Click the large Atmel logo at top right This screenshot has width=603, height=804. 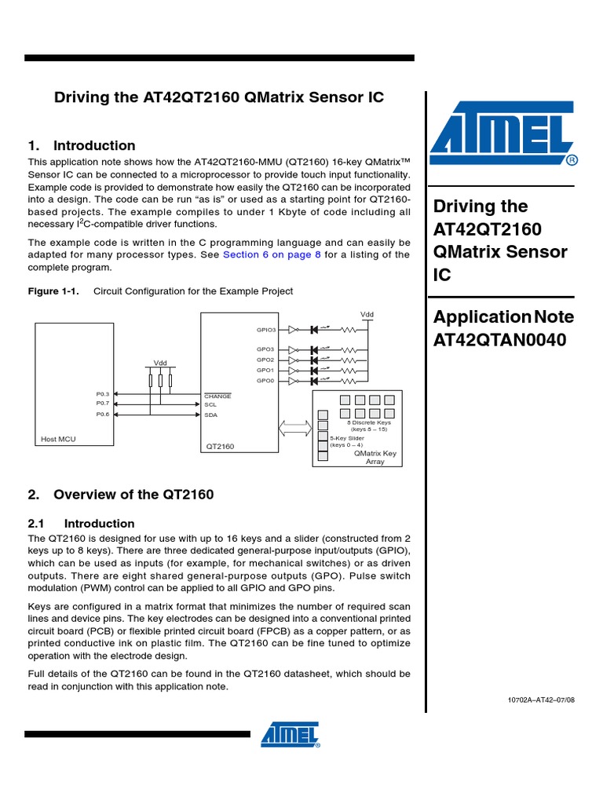pyautogui.click(x=503, y=138)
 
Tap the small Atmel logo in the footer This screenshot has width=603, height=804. pyautogui.click(x=290, y=734)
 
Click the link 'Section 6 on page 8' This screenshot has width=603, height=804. pyautogui.click(x=272, y=255)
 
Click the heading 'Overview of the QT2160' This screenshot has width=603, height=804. pyautogui.click(x=133, y=495)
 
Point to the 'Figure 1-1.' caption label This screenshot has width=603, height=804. pyautogui.click(x=53, y=291)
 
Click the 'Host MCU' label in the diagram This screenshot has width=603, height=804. pyautogui.click(x=58, y=439)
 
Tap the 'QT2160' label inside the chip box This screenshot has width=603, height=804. pyautogui.click(x=220, y=446)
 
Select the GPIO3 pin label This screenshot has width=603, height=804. pyautogui.click(x=265, y=331)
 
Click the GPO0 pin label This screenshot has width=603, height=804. pyautogui.click(x=265, y=380)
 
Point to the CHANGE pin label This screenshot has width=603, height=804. pyautogui.click(x=217, y=397)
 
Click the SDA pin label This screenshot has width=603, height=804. pyautogui.click(x=210, y=415)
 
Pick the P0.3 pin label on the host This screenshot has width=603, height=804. pyautogui.click(x=103, y=394)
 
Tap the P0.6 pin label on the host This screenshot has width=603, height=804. pyautogui.click(x=103, y=414)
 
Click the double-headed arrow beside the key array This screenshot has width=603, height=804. pyautogui.click(x=296, y=429)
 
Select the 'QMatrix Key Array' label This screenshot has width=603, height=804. pyautogui.click(x=375, y=457)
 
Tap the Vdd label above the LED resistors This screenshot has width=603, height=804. pyautogui.click(x=367, y=314)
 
